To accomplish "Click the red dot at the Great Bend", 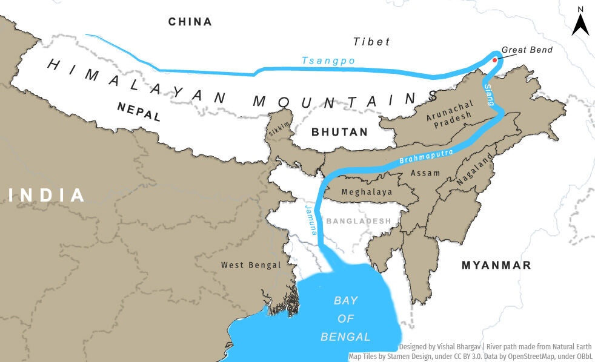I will (495, 59).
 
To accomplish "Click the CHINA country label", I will (190, 22).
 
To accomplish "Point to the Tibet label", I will (371, 42).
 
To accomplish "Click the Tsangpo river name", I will (328, 61).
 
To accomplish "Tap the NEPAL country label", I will (139, 112).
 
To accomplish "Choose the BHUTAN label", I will (339, 132).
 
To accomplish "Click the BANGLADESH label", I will (359, 221).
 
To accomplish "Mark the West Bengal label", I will (251, 265).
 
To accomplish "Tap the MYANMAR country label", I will (496, 265).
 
